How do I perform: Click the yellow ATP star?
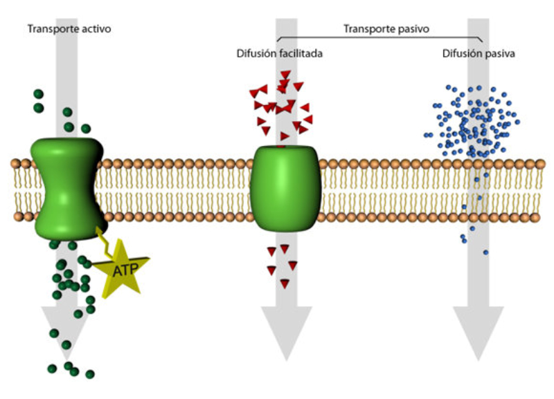pos(121,268)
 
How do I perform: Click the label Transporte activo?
pos(69,29)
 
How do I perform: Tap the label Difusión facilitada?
pos(280,53)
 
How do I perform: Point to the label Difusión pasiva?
pos(479,53)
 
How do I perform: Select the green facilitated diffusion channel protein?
pos(285,187)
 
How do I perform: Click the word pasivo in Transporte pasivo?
pos(414,29)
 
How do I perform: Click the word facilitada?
pos(302,53)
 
